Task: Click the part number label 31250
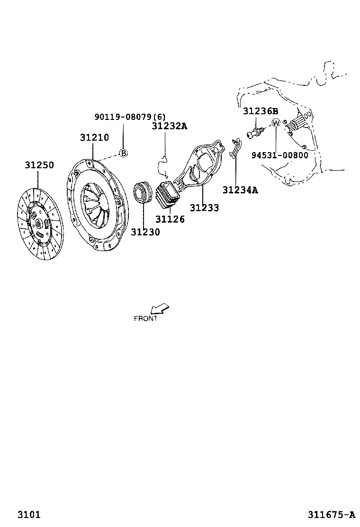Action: (39, 165)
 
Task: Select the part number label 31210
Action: (94, 137)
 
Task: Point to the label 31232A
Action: (170, 126)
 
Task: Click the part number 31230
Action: (145, 232)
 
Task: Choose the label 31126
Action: (170, 219)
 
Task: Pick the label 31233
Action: (205, 208)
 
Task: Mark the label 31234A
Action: (240, 190)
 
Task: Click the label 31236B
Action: (261, 111)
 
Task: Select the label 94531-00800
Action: (279, 155)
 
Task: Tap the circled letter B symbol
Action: (123, 153)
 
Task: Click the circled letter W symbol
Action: (276, 123)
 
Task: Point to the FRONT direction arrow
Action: (160, 309)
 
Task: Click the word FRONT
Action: (145, 318)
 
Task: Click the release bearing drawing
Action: (142, 192)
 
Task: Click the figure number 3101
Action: (29, 514)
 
